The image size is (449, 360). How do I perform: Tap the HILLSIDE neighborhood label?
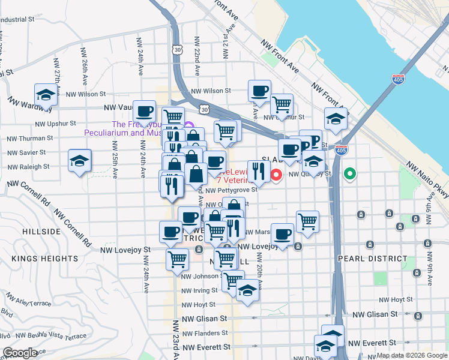tap(41, 231)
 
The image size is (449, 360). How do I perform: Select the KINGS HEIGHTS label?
tap(44, 258)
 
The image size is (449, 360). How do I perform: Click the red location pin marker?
tap(276, 175)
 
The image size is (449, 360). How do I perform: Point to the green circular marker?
tap(351, 175)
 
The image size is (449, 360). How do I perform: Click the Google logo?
tap(20, 352)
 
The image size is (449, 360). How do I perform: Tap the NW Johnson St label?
tap(202, 277)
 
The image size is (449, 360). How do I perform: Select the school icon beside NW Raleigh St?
tap(79, 161)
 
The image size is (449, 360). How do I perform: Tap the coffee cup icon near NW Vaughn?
tap(145, 110)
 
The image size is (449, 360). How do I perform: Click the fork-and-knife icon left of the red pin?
tap(259, 171)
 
